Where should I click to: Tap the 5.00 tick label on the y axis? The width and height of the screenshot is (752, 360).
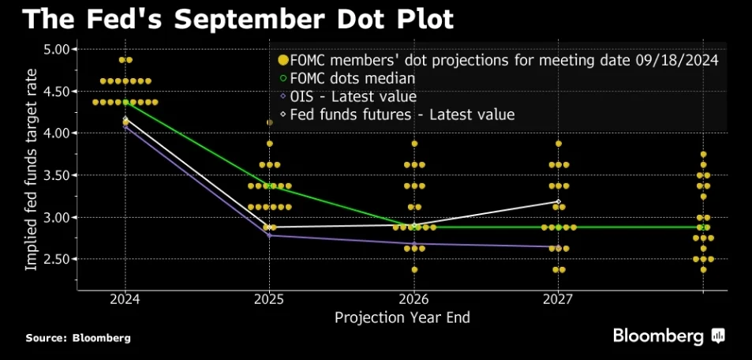(54, 50)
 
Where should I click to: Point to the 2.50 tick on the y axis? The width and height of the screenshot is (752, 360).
(54, 259)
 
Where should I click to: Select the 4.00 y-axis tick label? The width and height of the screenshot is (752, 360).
(54, 133)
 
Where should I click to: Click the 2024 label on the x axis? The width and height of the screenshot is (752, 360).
(125, 300)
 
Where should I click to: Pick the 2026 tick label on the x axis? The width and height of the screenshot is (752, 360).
(414, 300)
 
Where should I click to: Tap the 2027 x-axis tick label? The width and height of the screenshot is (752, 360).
(558, 300)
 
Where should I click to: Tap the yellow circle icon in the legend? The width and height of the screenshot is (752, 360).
(283, 60)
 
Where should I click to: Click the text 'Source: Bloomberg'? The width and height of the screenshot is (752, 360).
(78, 338)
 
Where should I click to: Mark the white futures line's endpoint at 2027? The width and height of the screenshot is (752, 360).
(558, 201)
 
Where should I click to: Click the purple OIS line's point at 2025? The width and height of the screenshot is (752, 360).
(269, 235)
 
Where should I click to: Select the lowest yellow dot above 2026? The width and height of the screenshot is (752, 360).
(414, 269)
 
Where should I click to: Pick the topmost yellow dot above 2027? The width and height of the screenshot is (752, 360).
(558, 144)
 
